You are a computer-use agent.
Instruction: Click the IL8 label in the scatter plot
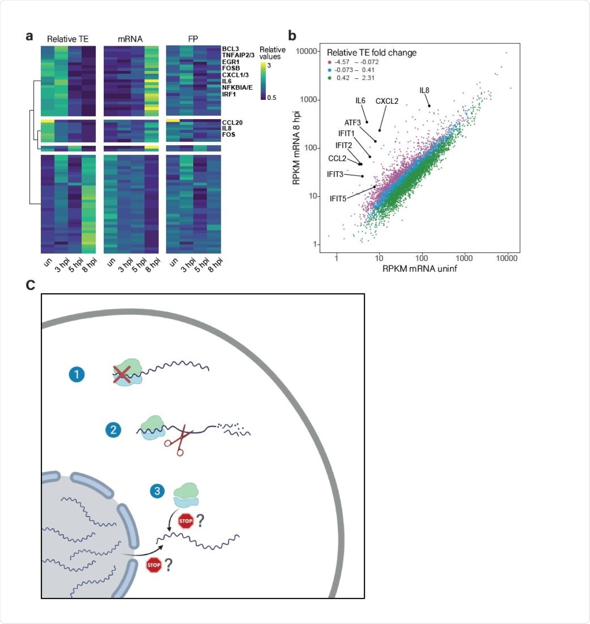[x=424, y=91]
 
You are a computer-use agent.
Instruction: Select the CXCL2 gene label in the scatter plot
[x=387, y=101]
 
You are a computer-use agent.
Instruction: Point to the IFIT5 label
[x=338, y=199]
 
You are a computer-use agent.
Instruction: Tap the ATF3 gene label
[x=353, y=123]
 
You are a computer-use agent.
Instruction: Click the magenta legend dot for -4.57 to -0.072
[x=329, y=62]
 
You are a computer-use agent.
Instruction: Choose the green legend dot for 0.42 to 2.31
[x=329, y=78]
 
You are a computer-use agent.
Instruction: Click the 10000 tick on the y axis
[x=306, y=51]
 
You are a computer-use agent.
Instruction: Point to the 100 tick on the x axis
[x=421, y=258]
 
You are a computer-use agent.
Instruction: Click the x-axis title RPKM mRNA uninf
[x=419, y=269]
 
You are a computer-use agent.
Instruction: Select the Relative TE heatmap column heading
[x=68, y=39]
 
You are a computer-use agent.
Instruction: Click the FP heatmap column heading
[x=193, y=39]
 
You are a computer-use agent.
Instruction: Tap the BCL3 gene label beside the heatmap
[x=230, y=49]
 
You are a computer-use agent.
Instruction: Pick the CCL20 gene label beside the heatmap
[x=232, y=123]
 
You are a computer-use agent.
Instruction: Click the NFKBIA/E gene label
[x=237, y=88]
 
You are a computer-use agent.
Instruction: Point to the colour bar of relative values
[x=263, y=81]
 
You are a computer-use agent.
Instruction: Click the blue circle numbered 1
[x=76, y=374]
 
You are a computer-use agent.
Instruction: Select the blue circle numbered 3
[x=157, y=491]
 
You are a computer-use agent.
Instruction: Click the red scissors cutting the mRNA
[x=177, y=441]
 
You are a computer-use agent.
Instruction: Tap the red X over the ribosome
[x=121, y=374]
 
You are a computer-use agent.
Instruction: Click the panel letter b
[x=292, y=36]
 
